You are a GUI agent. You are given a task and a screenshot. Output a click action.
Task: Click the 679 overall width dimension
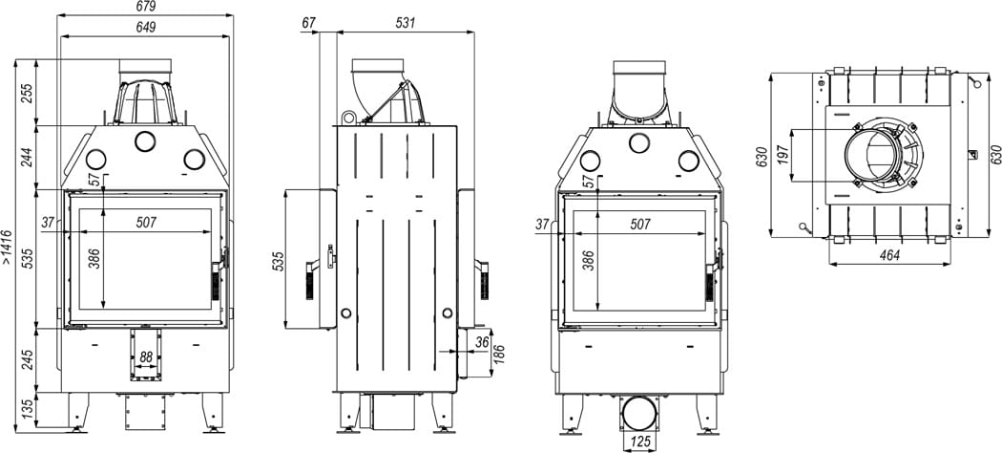[x=146, y=7]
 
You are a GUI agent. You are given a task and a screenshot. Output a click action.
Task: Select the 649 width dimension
[x=146, y=28]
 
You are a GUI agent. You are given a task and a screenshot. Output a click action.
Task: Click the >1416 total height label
[x=8, y=247]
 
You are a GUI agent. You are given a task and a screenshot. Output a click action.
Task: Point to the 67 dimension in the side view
[x=307, y=23]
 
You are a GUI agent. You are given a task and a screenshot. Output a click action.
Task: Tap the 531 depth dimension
[x=405, y=23]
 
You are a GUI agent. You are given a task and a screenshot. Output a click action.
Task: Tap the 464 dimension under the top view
[x=889, y=254]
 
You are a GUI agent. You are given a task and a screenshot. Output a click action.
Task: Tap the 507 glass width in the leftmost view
[x=146, y=222]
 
